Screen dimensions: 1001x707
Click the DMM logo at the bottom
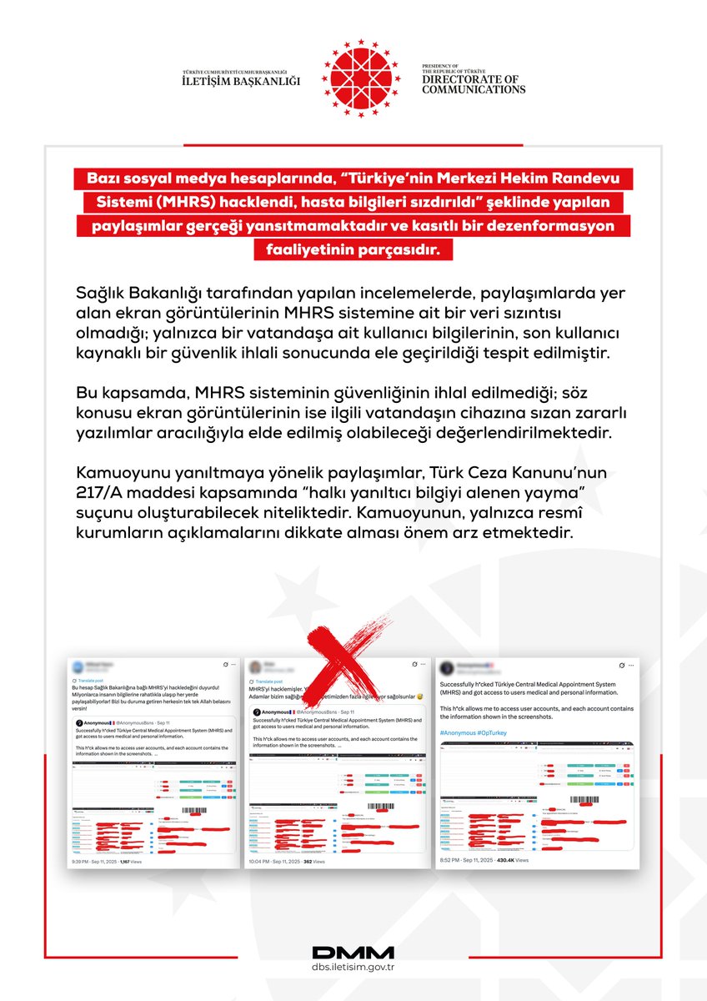click(353, 953)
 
